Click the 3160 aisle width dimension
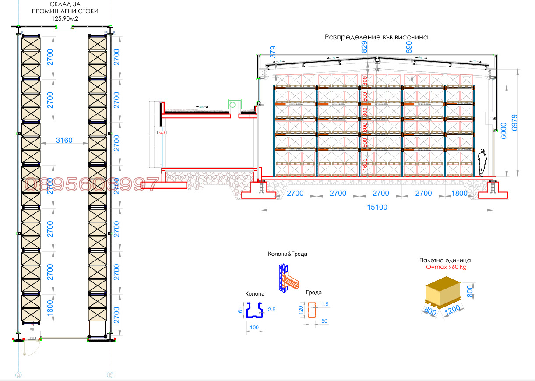64,141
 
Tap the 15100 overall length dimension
377,207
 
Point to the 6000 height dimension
503,130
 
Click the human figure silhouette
482,162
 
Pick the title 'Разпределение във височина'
376,37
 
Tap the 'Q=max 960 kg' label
444,267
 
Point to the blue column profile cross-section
254,310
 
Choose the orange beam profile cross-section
312,310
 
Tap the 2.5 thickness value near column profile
272,310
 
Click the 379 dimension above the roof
273,52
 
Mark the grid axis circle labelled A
18,374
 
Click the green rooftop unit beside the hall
234,105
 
